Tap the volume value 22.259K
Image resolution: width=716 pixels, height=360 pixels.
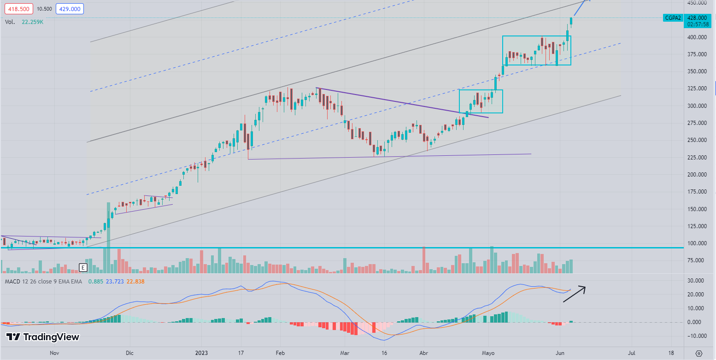(33, 22)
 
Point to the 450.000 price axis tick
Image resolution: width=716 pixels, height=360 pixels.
(697, 3)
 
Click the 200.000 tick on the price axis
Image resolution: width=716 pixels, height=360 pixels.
(697, 175)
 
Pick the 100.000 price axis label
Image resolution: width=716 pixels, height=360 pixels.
(697, 243)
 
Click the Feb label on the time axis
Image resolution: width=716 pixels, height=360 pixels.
(279, 353)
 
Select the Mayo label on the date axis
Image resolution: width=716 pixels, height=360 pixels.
(488, 353)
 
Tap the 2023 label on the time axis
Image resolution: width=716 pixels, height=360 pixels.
(202, 353)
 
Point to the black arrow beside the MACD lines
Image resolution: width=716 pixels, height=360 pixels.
(574, 294)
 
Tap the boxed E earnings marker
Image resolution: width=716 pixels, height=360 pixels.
(83, 267)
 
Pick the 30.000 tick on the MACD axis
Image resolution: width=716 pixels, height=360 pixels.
(697, 280)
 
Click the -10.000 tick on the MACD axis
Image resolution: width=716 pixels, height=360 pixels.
(696, 336)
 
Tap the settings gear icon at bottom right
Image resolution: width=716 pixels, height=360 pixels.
(699, 353)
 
